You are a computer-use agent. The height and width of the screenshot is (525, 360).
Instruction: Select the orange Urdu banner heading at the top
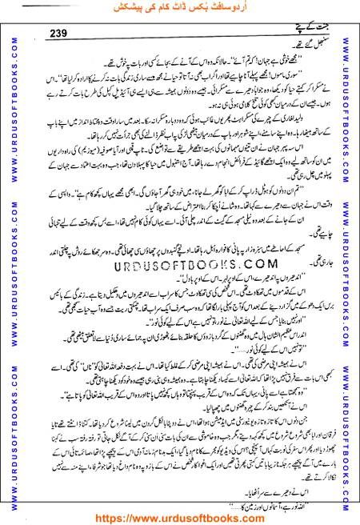point(179,8)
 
